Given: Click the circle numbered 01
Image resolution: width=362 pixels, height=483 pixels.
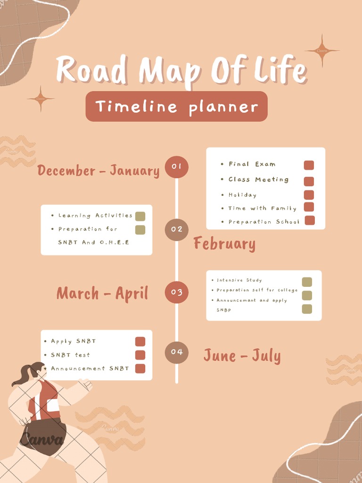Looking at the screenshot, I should click(176, 167).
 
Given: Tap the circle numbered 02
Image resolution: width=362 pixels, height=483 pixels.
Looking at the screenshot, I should click(176, 229).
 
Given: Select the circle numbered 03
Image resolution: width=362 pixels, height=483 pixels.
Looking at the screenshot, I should click(176, 292).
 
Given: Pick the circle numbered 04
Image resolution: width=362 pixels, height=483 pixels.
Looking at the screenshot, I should click(176, 352).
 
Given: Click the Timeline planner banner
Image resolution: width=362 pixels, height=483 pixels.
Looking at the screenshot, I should click(176, 107).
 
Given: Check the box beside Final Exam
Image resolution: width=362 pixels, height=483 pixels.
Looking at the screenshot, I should click(309, 165).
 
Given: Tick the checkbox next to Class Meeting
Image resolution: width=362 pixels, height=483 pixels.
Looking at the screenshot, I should click(309, 181).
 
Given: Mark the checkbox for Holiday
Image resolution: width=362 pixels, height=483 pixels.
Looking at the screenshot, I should click(309, 195).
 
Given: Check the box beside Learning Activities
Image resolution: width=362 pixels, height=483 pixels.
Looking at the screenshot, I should click(140, 217).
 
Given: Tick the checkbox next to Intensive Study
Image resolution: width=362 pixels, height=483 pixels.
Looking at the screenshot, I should click(307, 282).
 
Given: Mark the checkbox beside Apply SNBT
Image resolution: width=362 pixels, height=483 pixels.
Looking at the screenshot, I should click(140, 341).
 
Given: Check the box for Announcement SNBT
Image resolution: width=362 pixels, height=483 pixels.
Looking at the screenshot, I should click(140, 368).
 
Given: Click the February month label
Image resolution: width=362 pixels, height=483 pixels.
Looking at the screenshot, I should click(224, 244).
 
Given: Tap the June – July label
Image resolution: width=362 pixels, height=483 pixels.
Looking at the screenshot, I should click(242, 356).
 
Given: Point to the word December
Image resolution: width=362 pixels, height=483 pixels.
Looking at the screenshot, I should click(66, 170).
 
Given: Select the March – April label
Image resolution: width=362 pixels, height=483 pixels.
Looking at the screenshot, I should click(102, 293).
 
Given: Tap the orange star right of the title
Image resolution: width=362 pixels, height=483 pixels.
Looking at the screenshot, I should click(322, 50).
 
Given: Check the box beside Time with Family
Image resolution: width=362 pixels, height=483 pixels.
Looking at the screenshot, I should click(309, 207).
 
